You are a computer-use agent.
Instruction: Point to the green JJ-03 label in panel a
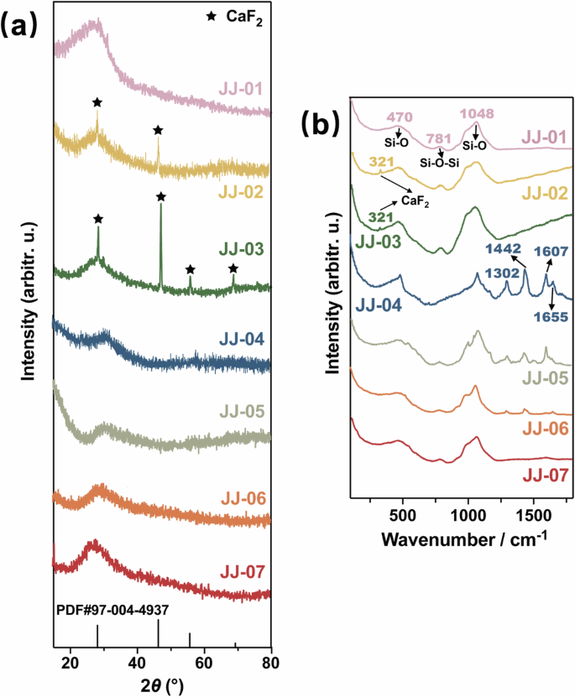pos(243,249)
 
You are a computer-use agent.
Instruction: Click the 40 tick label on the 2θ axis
pos(137,662)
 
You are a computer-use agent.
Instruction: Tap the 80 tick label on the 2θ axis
pos(269,662)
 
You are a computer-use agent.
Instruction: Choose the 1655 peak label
pos(551,317)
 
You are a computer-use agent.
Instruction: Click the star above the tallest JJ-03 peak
pos(161,196)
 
